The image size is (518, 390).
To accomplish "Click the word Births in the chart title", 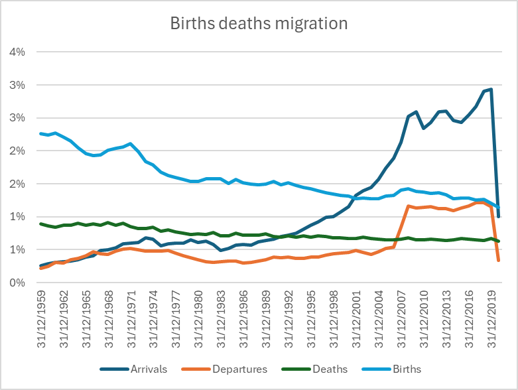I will click(190, 24).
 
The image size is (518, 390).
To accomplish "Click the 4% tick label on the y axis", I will click(18, 52).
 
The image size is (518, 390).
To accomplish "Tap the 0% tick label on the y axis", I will click(18, 283).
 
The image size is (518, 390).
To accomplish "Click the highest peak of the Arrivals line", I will click(491, 90).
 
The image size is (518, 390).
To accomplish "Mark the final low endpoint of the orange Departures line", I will click(498, 261).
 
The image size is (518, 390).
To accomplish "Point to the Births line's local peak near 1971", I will click(131, 143).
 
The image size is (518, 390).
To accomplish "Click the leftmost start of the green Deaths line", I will click(41, 224).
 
